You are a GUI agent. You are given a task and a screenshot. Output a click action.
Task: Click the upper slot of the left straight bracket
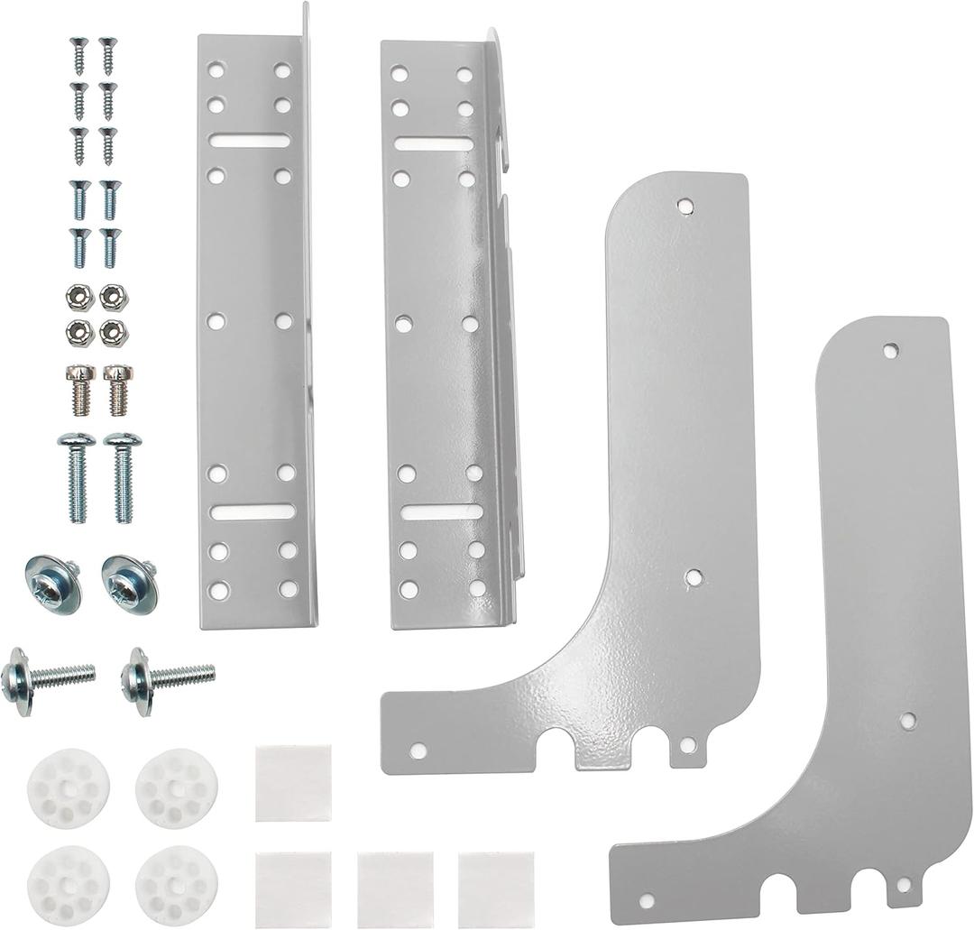pos(251,141)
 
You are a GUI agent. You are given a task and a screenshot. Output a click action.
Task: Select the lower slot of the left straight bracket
pos(253,511)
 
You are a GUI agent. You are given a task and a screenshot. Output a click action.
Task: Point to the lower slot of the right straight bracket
pos(442,512)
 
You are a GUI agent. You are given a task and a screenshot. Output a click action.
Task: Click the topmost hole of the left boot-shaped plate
pos(685,206)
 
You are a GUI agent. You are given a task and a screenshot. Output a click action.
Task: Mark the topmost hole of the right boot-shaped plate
pos(890,350)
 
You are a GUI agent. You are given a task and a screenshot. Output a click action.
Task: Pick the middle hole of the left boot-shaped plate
pos(693,576)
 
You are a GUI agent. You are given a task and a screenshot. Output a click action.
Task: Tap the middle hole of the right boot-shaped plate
pos(907,720)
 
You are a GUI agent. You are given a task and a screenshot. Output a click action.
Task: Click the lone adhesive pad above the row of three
pos(293,783)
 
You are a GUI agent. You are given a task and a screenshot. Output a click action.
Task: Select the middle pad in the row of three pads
pos(395,889)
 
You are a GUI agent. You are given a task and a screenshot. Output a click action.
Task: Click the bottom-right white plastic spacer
pos(176,886)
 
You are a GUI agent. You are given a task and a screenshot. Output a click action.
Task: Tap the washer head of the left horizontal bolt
pos(17,682)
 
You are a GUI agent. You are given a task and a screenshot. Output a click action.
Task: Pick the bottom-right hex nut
pos(114,333)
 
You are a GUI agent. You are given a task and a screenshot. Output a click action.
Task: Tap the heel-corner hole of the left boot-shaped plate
pos(418,750)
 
